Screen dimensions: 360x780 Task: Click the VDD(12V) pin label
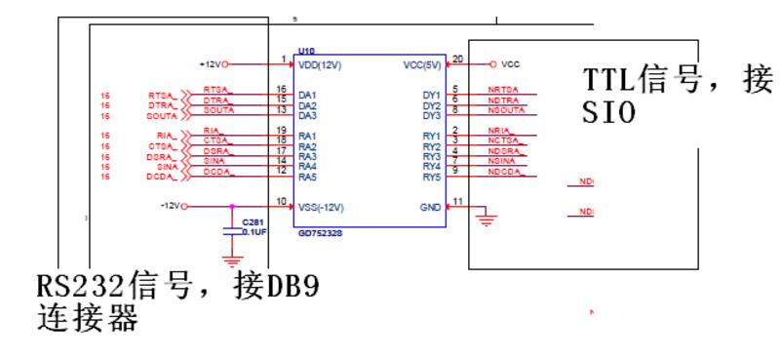click(320, 64)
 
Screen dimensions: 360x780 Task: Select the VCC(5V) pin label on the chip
click(421, 64)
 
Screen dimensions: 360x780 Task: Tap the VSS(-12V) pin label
click(321, 207)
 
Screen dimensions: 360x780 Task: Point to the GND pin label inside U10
click(429, 207)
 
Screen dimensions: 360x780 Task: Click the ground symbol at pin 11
click(484, 220)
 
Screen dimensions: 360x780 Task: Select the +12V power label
click(210, 64)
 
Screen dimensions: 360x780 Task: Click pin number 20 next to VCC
click(456, 60)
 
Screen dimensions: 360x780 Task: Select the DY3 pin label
click(431, 116)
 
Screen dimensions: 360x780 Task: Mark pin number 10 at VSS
click(282, 202)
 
